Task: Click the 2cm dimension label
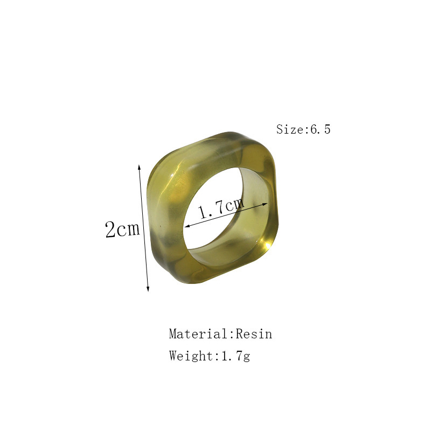122,229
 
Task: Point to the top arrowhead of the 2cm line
139,167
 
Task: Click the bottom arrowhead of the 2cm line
148,288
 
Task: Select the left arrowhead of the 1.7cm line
187,226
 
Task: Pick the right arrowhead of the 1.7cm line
265,204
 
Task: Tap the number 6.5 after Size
320,129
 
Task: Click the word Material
198,334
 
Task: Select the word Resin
254,334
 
